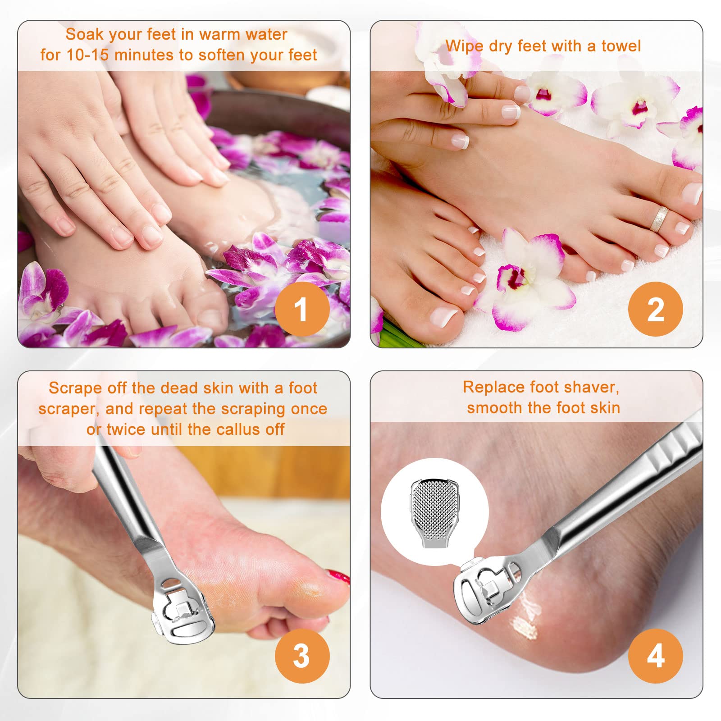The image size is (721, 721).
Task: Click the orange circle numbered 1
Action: pos(302,309)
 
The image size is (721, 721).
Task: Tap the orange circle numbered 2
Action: pos(656,309)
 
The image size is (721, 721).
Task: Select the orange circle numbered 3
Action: pos(302,656)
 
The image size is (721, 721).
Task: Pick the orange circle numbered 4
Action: pos(656,656)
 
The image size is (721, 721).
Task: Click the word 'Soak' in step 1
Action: pos(84,34)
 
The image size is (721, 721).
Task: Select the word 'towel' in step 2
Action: pos(621,46)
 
